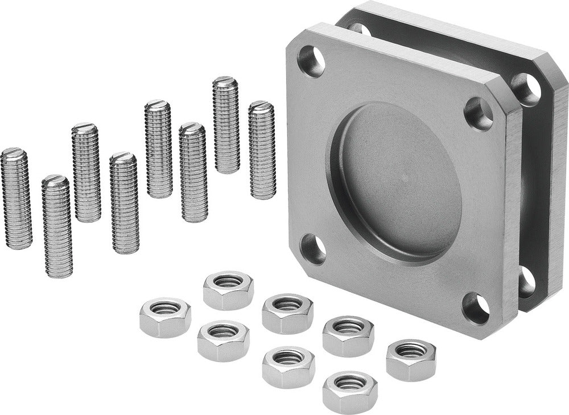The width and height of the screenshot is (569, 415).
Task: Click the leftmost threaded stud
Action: coord(16,199)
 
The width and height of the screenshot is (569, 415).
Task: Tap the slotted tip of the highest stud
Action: coord(225,82)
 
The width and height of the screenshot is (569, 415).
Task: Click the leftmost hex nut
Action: coord(165,317)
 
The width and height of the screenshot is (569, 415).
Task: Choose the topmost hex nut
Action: coord(228,290)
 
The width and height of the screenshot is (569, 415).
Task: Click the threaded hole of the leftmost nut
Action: coord(165,309)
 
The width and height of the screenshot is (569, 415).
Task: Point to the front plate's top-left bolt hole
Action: coord(311,61)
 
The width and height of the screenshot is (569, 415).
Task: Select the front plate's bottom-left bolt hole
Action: coord(314,249)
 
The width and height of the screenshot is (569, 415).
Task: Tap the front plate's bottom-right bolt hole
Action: coord(476,308)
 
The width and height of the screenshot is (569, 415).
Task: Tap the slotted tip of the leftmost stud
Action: coord(14,153)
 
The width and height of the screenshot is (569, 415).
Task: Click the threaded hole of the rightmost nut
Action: coord(411,351)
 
